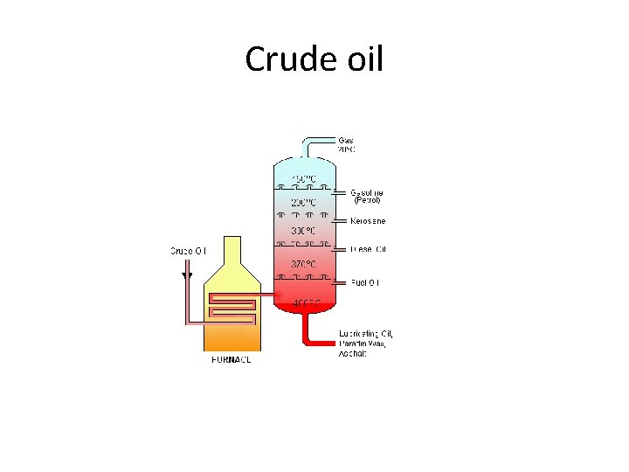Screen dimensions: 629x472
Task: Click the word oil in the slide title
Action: (x=359, y=60)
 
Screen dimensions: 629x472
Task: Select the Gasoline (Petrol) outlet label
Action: (x=367, y=196)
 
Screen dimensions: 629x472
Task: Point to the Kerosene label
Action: (x=368, y=221)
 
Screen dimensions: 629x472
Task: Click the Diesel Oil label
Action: (x=368, y=250)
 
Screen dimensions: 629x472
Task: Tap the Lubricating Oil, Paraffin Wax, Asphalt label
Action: (x=366, y=344)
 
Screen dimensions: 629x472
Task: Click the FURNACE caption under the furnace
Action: (x=232, y=360)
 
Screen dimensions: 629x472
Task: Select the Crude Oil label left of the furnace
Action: (x=188, y=251)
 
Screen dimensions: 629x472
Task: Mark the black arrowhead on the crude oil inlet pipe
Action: (x=186, y=275)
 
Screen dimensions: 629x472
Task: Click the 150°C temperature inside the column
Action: (x=303, y=179)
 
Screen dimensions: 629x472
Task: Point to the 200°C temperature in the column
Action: (x=303, y=202)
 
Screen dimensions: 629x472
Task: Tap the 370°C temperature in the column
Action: (x=303, y=263)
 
